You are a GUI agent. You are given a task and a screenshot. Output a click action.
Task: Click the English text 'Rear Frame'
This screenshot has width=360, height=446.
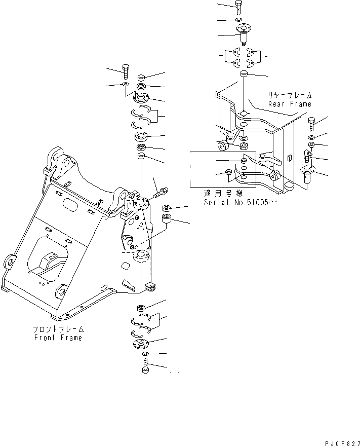290,104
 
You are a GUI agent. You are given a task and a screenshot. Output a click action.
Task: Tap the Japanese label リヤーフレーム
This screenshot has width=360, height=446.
290,95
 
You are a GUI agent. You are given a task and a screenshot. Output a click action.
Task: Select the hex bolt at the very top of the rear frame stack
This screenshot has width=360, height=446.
239,7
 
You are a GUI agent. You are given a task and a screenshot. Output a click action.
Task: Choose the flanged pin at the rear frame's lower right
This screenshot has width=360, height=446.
307,174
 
